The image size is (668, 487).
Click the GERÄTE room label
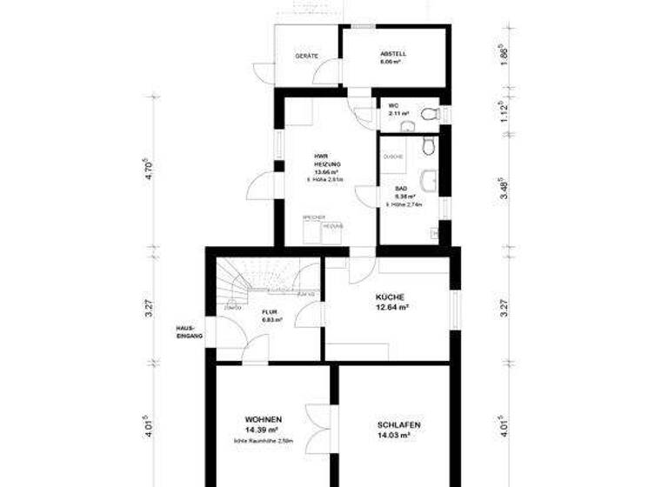pyautogui.click(x=306, y=57)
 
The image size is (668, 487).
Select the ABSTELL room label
pyautogui.click(x=392, y=54)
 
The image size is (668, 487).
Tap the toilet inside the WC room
pyautogui.click(x=427, y=114)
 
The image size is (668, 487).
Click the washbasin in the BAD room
pyautogui.click(x=427, y=182)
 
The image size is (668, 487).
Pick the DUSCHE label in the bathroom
pyautogui.click(x=392, y=157)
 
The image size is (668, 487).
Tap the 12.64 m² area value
pyautogui.click(x=392, y=307)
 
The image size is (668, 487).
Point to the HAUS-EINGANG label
pyautogui.click(x=189, y=331)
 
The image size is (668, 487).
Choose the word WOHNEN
pyautogui.click(x=262, y=419)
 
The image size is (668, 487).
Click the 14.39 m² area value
pyautogui.click(x=262, y=430)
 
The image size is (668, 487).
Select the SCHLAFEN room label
pyautogui.click(x=399, y=424)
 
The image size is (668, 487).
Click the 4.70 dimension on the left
pyautogui.click(x=150, y=169)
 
